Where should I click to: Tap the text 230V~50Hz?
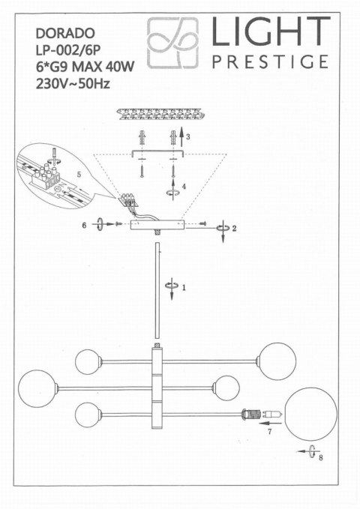(73, 84)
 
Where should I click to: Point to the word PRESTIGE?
(270, 61)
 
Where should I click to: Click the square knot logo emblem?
(172, 43)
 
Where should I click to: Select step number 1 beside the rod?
(184, 286)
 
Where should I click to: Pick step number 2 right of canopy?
(235, 229)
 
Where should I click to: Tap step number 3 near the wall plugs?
(188, 137)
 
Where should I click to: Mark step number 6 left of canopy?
(85, 225)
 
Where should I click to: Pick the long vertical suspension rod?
(157, 292)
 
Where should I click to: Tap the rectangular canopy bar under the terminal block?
(157, 225)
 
